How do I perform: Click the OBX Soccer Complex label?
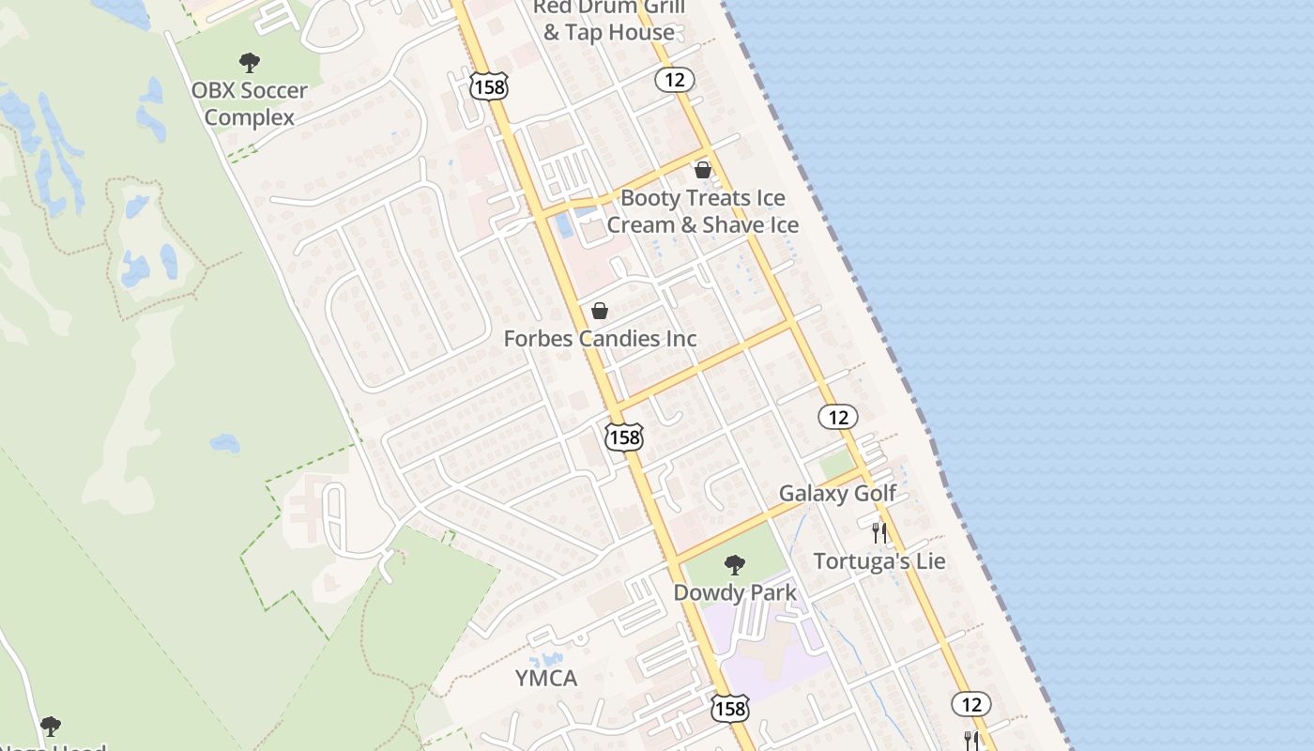[x=249, y=104]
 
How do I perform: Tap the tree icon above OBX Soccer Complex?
[x=249, y=63]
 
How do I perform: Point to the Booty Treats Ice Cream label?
[x=702, y=211]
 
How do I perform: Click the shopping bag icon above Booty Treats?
[x=702, y=170]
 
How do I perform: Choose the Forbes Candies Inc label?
[x=600, y=339]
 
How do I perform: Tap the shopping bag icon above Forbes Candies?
[x=600, y=311]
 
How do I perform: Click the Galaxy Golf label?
[x=837, y=494]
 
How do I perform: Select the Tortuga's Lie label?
[x=879, y=561]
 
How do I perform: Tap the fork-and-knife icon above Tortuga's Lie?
[x=879, y=533]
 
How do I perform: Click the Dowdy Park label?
[x=735, y=592]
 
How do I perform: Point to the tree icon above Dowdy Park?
[x=735, y=564]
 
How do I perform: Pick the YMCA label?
[x=546, y=678]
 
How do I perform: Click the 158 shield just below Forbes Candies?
[x=623, y=437]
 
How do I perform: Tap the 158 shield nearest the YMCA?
[x=730, y=708]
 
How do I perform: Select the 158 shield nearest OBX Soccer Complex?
[x=489, y=87]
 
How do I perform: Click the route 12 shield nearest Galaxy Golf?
[x=837, y=417]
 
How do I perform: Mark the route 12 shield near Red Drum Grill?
[x=675, y=80]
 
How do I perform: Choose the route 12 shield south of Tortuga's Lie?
[x=970, y=703]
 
